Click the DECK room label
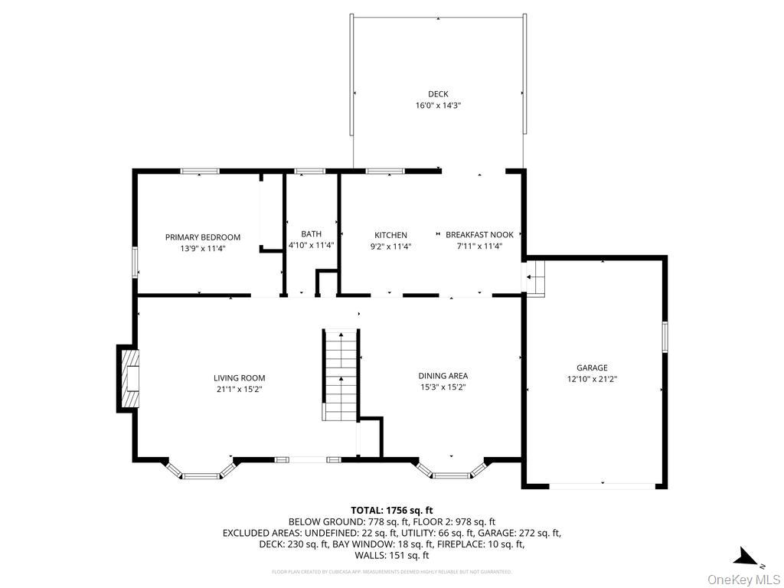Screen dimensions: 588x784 click(x=438, y=94)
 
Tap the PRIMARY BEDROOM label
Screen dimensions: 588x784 click(x=203, y=237)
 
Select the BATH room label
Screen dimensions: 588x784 click(x=311, y=234)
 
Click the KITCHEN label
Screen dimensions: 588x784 click(x=390, y=235)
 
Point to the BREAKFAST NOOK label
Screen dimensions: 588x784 click(x=479, y=235)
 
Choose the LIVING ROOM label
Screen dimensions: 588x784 click(x=239, y=377)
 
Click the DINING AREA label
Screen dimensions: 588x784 click(x=443, y=376)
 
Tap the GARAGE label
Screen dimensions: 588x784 click(x=592, y=368)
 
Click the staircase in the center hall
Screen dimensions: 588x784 click(x=341, y=375)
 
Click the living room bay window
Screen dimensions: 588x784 click(x=201, y=470)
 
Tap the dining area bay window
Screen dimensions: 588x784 click(x=452, y=470)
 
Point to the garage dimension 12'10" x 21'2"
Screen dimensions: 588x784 click(x=592, y=379)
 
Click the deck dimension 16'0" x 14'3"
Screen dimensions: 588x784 click(x=438, y=106)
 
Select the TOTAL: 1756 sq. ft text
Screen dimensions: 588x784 click(x=391, y=510)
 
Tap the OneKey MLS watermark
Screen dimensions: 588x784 click(x=743, y=579)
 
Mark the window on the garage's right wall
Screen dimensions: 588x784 click(x=665, y=337)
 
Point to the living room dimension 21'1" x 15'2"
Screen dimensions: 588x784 click(x=239, y=389)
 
